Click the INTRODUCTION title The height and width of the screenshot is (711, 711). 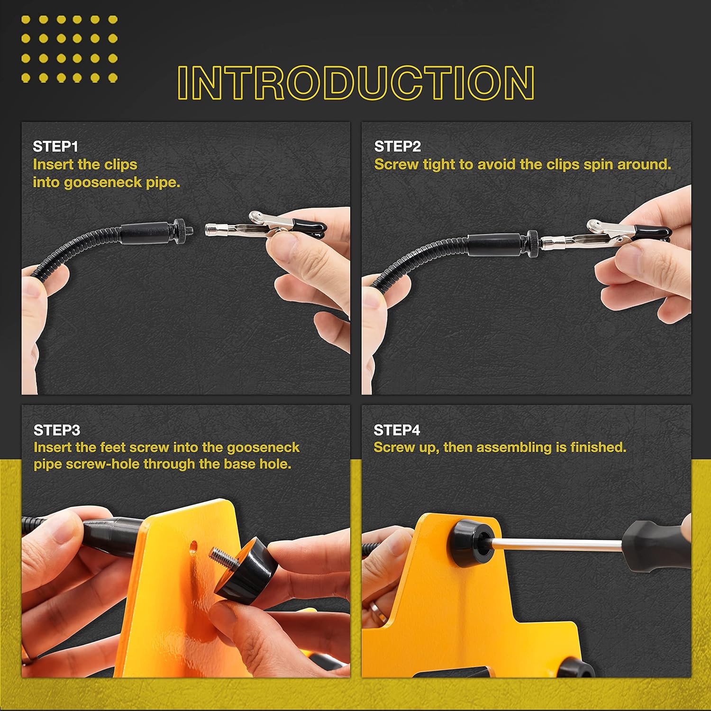pyautogui.click(x=356, y=82)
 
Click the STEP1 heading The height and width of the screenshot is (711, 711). pyautogui.click(x=55, y=146)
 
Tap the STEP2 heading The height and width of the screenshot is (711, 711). pyautogui.click(x=397, y=146)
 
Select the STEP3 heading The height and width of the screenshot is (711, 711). pyautogui.click(x=57, y=430)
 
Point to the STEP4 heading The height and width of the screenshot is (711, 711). pyautogui.click(x=397, y=430)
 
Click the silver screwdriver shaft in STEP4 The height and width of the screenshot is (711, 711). pyautogui.click(x=557, y=544)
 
